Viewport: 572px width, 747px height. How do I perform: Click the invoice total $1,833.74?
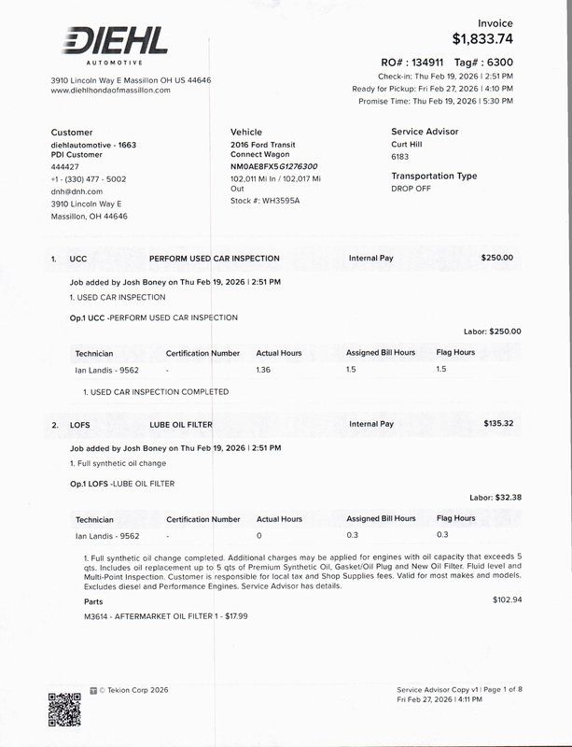(x=482, y=38)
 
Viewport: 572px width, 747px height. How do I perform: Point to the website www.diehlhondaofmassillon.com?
(x=110, y=91)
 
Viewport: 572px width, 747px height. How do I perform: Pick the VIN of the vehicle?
(x=273, y=166)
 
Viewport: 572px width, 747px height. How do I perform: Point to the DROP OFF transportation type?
(x=412, y=189)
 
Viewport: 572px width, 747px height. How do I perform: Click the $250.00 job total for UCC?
(x=496, y=258)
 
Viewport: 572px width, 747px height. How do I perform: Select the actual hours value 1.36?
(x=264, y=369)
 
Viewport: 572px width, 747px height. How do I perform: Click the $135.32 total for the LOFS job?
(x=498, y=424)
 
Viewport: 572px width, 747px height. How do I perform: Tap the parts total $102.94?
(x=507, y=599)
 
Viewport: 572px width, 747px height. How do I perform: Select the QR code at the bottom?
(x=64, y=709)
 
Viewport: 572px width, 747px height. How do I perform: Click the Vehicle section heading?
(x=246, y=133)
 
